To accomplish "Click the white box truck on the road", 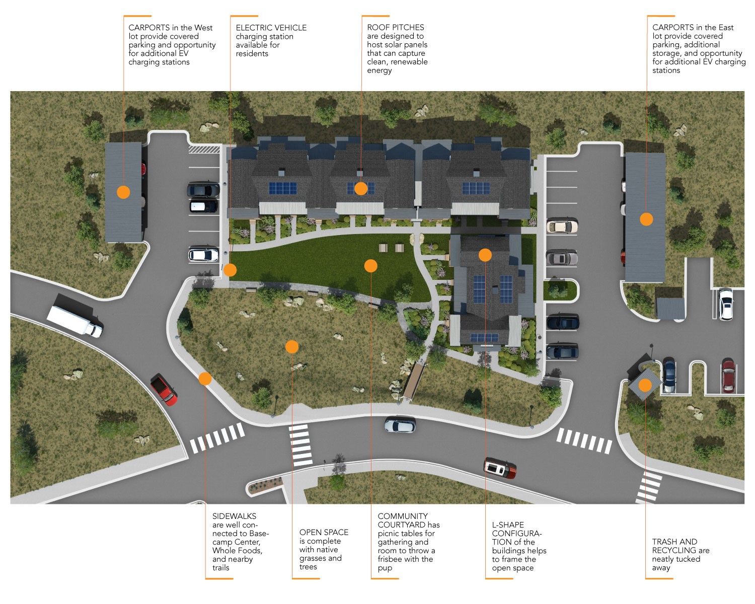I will point(74,321).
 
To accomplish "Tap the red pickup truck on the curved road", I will point(164,390).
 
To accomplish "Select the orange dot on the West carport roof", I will point(123,192).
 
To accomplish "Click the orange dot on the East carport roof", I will point(646,219).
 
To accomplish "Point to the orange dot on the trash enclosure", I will point(645,386).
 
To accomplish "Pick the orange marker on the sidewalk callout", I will point(205,379).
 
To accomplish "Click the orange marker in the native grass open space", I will point(292,347).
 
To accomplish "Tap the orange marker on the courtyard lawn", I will point(371,266).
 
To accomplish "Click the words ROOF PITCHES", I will point(395,27).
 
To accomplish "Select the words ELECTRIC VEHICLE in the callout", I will point(271,28).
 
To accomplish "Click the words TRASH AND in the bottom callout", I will point(674,542).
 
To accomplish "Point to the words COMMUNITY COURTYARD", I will point(403,520).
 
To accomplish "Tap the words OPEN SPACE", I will point(324,532).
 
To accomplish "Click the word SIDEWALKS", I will point(234,516).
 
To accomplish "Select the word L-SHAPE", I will point(508,524).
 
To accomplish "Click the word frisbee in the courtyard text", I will point(392,559).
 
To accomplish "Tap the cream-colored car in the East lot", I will point(562,226).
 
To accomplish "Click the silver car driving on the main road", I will point(400,425).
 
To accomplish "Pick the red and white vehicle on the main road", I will point(500,468).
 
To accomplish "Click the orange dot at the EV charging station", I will point(230,270).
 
